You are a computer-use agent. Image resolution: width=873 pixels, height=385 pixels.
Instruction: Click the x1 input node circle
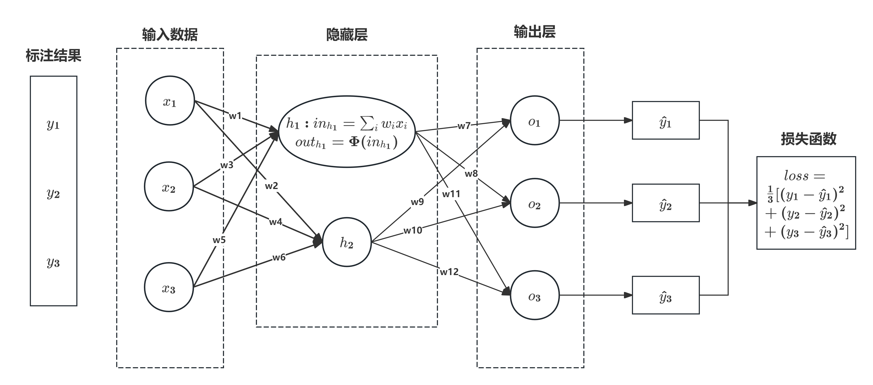170,101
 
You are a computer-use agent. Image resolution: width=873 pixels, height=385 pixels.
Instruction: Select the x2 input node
169,186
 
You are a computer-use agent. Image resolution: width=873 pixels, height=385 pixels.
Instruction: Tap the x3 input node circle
169,287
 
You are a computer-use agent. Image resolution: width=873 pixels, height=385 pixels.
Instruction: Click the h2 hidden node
347,242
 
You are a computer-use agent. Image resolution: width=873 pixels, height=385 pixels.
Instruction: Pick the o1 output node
534,121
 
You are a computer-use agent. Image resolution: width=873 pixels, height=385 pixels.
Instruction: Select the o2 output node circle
534,203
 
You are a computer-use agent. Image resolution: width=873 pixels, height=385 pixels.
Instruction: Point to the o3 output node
534,295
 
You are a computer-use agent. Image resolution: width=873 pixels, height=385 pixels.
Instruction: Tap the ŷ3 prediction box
665,295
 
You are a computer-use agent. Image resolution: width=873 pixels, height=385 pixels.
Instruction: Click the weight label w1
235,116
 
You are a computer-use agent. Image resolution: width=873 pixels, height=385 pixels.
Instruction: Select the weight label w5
219,240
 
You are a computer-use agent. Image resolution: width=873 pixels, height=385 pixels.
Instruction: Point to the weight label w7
464,126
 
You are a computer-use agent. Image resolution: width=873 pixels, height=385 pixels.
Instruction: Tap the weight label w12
449,272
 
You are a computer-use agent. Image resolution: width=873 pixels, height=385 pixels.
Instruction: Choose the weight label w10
412,231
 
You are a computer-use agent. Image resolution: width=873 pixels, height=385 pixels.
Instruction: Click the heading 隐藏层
347,35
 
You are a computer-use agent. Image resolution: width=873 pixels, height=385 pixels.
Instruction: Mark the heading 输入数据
170,35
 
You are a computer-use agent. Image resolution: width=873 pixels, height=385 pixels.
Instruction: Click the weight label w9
417,202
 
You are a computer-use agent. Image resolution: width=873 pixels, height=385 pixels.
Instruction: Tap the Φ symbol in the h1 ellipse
354,141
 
